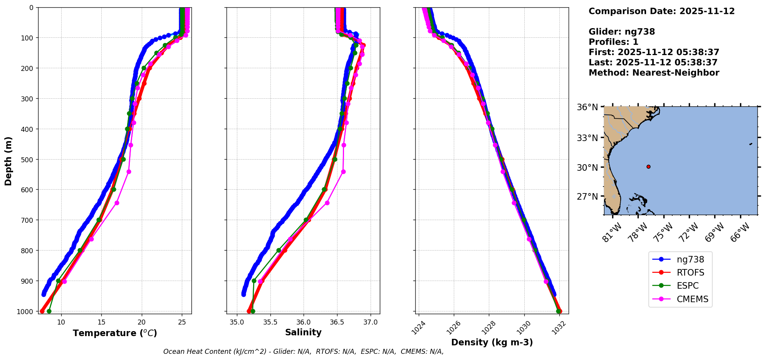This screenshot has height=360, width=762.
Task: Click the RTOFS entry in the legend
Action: tap(690, 273)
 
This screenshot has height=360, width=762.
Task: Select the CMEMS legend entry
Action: tap(692, 299)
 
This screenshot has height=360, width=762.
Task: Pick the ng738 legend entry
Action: tap(690, 259)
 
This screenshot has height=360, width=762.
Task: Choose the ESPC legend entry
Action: tap(687, 286)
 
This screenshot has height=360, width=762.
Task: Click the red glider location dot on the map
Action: tap(648, 167)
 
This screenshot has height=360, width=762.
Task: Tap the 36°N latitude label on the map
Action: tap(587, 107)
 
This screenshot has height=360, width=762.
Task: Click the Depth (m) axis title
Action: tap(8, 161)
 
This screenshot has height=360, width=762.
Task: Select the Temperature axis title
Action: tap(115, 333)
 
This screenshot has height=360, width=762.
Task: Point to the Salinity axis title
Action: tap(303, 332)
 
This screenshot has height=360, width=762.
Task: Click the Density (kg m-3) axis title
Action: tap(492, 342)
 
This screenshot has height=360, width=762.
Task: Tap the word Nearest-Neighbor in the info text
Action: tap(676, 73)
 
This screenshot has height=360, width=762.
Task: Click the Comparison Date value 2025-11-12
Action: tap(707, 11)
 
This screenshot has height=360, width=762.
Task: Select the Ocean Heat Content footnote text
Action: tap(303, 352)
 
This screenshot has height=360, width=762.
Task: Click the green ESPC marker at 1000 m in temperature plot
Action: tap(49, 311)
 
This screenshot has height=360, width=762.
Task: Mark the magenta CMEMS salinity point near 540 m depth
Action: tap(343, 172)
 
